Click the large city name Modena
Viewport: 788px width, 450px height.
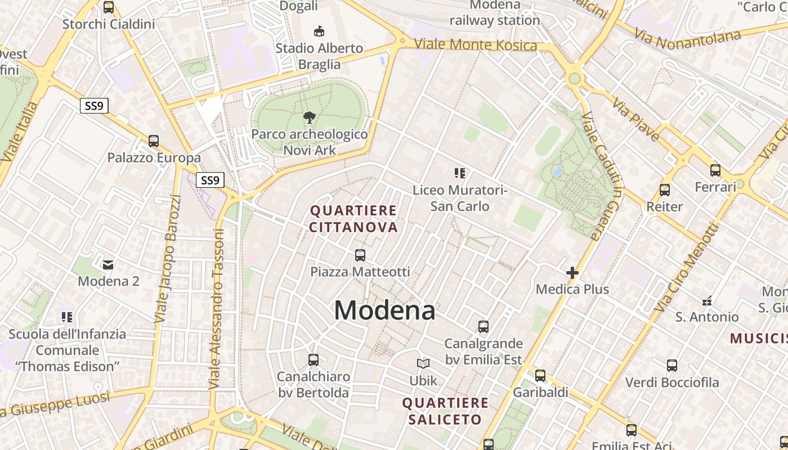click(384, 310)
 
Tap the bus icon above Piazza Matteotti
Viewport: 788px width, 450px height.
click(360, 255)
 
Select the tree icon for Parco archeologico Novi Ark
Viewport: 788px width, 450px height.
click(309, 118)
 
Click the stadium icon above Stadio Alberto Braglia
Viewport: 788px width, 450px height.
click(319, 30)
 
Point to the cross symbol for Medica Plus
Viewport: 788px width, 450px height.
click(572, 273)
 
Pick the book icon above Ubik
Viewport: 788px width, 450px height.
click(423, 364)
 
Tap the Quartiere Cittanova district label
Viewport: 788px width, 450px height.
click(353, 219)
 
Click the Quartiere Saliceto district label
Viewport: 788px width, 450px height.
click(445, 411)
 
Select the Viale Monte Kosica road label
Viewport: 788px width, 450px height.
click(475, 45)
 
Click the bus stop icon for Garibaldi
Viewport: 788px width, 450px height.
click(540, 376)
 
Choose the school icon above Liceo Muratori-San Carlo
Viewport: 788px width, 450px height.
click(460, 173)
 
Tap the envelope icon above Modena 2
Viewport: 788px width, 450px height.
click(108, 264)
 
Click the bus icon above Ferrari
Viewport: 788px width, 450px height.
click(715, 170)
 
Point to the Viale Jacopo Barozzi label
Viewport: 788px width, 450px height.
click(168, 259)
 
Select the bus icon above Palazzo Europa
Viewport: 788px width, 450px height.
click(154, 141)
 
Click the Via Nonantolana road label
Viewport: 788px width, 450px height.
click(688, 38)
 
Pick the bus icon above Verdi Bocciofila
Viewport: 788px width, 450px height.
click(671, 366)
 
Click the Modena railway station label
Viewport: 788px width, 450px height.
click(494, 13)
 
